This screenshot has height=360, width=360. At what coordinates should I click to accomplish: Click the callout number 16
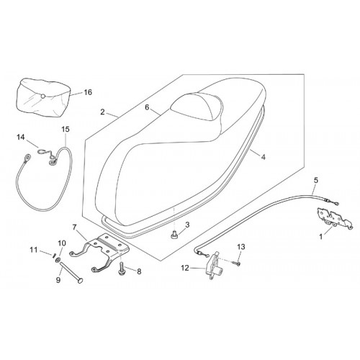88,92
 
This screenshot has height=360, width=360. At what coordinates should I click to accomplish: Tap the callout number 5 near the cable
316,180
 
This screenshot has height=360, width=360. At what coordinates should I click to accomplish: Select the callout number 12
185,268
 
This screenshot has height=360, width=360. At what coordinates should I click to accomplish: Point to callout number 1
321,237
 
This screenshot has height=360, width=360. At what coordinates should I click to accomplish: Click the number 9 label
58,280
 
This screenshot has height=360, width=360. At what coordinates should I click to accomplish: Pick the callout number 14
21,138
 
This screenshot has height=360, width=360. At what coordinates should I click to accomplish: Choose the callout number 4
264,157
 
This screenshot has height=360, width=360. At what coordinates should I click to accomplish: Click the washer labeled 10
58,260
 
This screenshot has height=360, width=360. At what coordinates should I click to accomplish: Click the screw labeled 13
237,264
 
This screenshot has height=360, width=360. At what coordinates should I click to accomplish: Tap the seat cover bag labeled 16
43,98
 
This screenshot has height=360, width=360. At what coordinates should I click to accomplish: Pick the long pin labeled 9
70,272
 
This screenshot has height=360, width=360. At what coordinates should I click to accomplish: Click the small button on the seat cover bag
42,96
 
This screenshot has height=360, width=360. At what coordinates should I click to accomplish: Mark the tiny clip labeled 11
54,255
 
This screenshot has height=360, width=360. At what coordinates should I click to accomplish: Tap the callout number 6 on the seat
147,107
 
